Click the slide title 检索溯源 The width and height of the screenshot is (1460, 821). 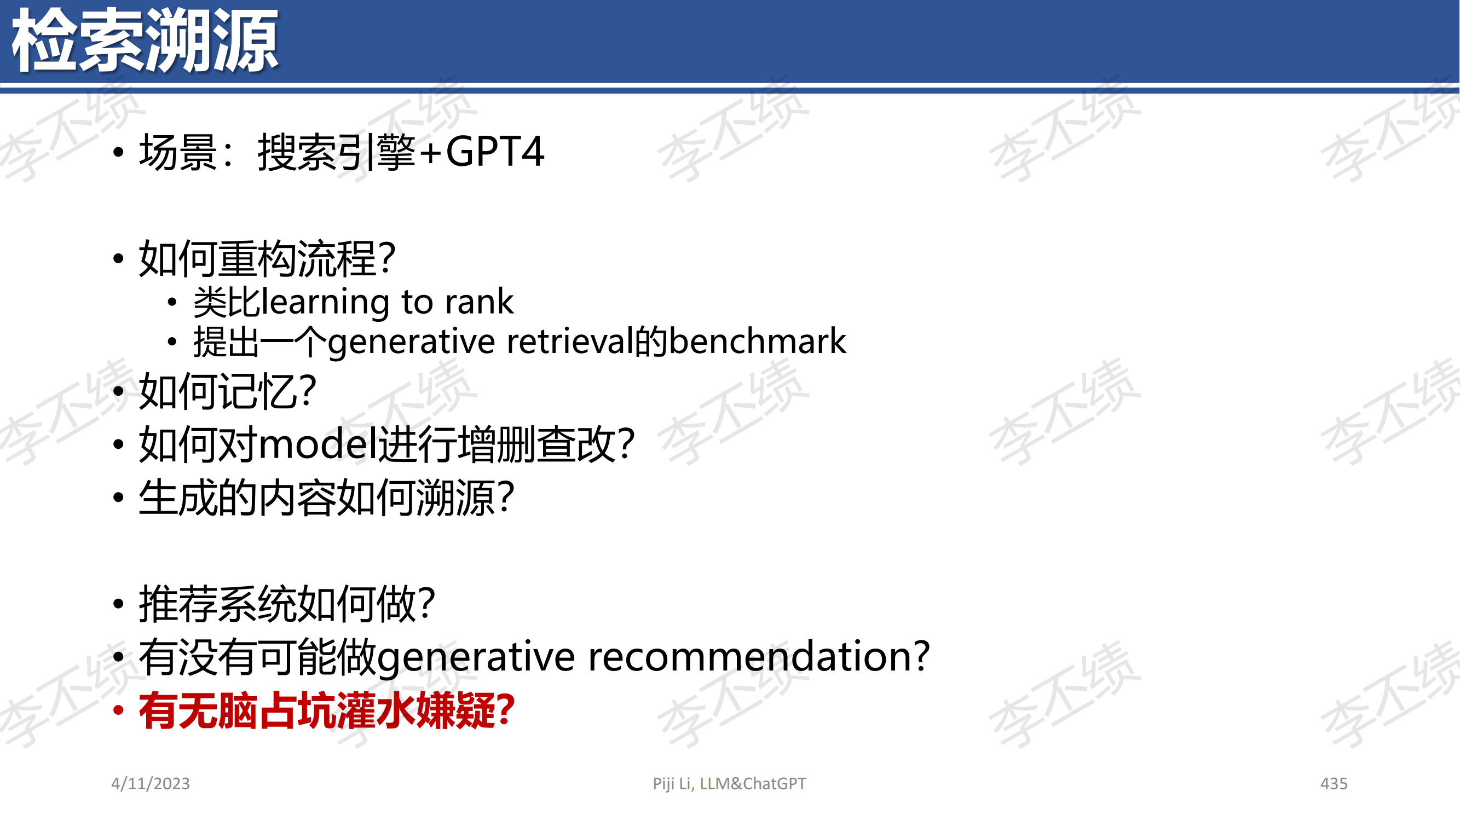(x=145, y=41)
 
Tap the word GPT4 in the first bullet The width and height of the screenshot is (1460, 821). (x=495, y=152)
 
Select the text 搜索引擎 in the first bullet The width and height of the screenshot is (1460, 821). (x=337, y=152)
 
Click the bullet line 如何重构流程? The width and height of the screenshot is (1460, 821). (x=267, y=258)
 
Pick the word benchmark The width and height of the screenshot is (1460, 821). (x=758, y=341)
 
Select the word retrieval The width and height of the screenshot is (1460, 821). (x=570, y=341)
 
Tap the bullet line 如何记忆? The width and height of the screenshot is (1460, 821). (x=227, y=391)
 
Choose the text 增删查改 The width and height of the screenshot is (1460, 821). (x=536, y=444)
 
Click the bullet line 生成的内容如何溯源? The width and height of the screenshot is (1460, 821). (x=326, y=498)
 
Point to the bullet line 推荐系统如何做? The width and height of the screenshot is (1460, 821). (x=287, y=604)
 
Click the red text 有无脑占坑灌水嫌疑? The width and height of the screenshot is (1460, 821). (x=326, y=710)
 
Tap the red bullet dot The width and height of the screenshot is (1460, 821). (x=118, y=710)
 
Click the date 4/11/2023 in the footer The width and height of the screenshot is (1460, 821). (x=150, y=784)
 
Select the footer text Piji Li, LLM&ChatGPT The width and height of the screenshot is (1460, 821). (x=729, y=784)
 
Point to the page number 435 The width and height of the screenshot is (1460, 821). (x=1334, y=784)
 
